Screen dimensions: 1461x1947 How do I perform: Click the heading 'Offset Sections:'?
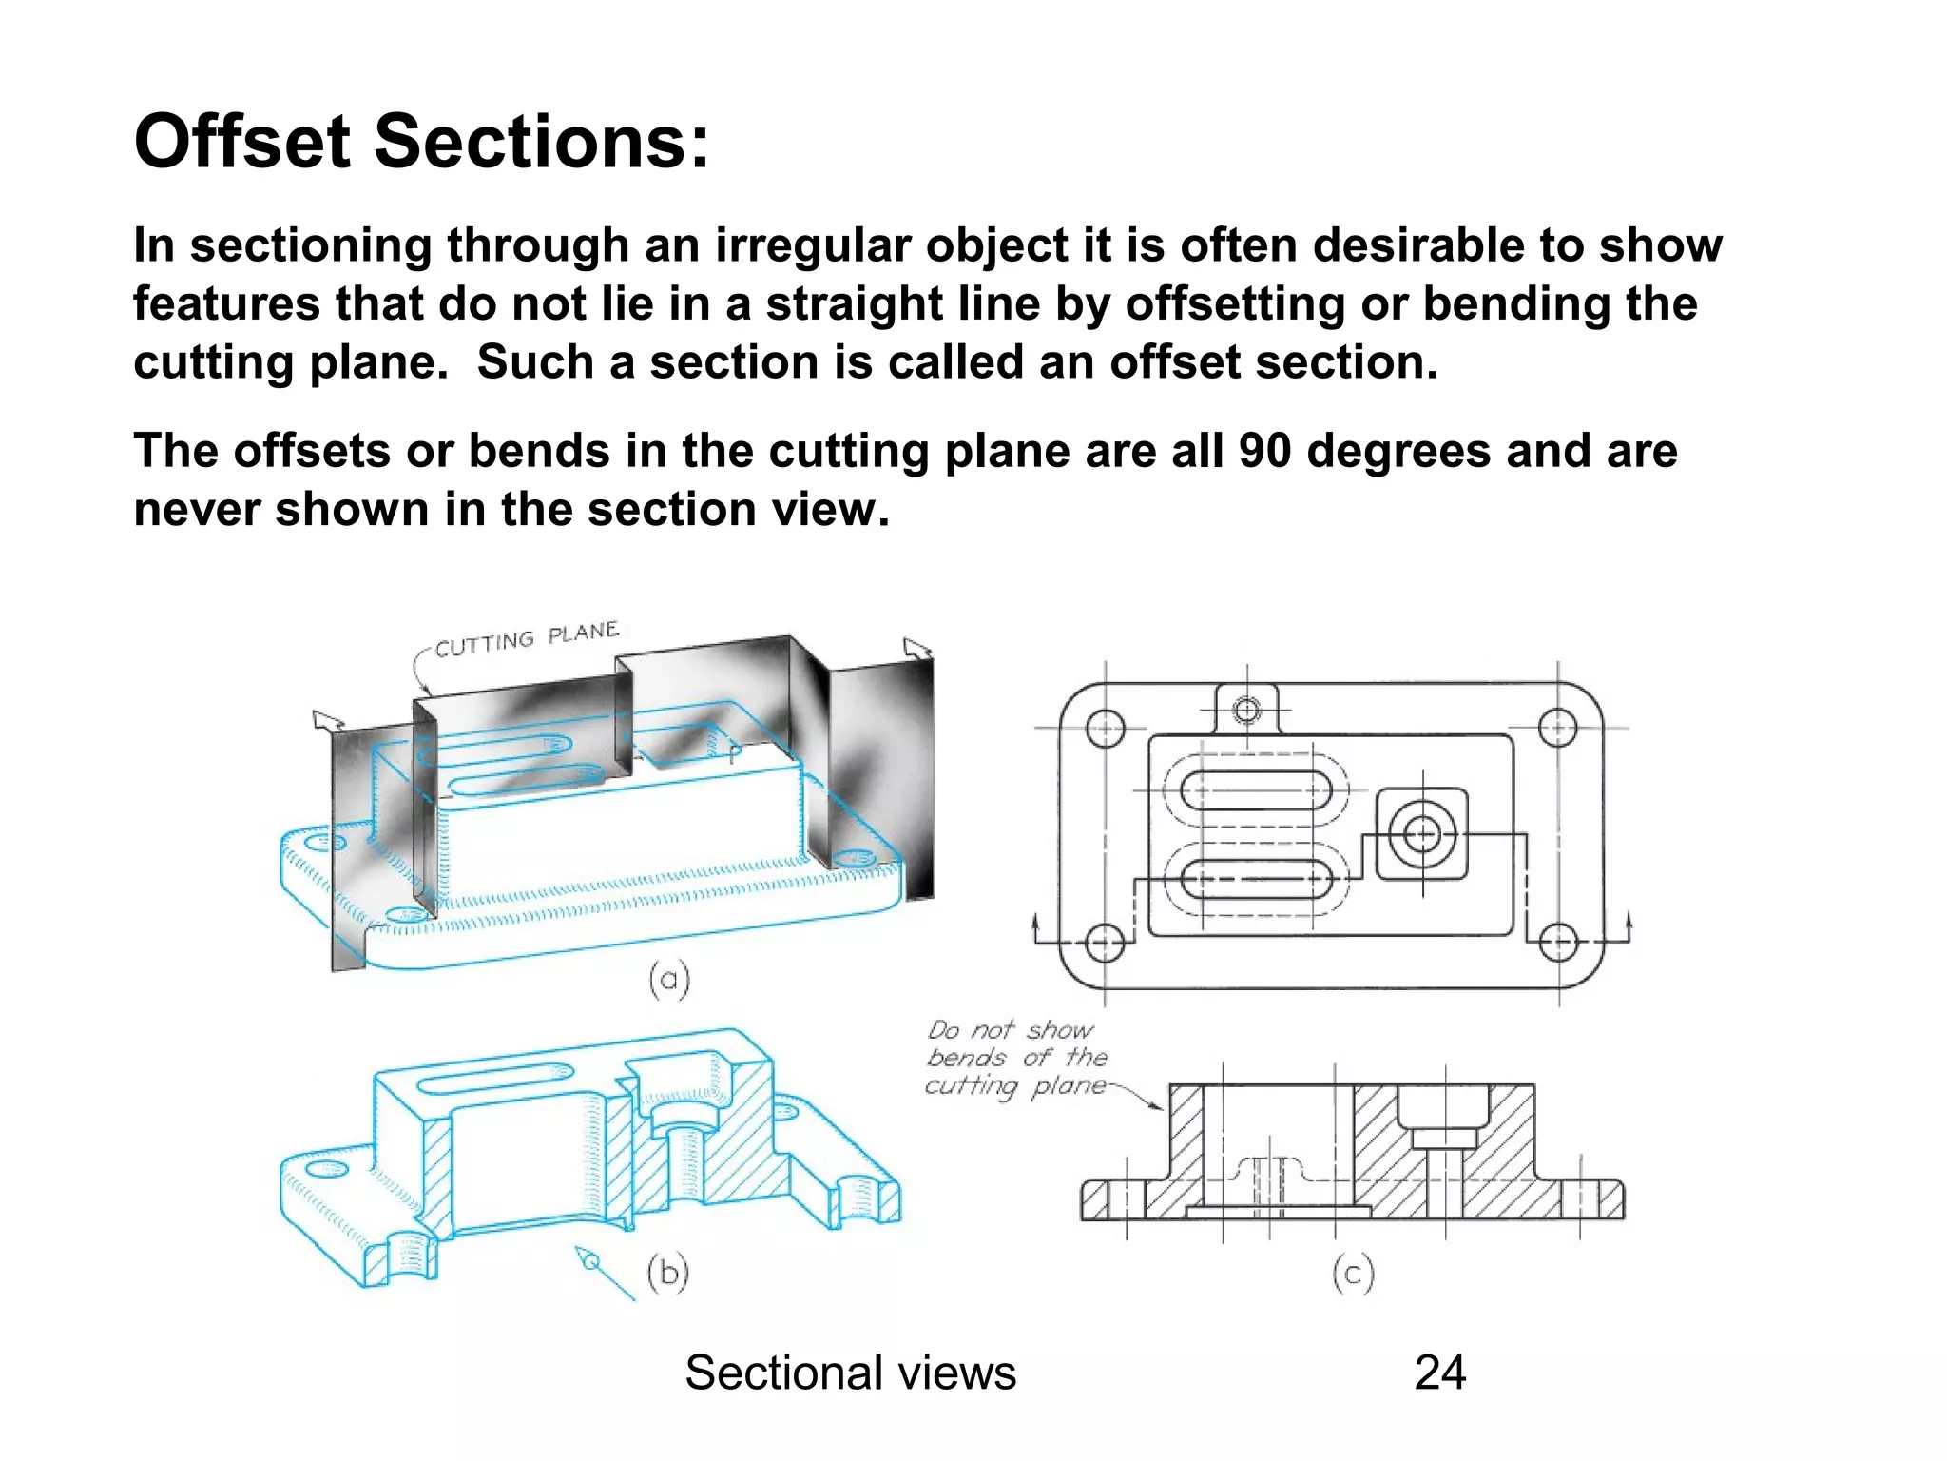(x=421, y=143)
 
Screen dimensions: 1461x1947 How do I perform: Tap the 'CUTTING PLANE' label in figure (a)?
(x=526, y=640)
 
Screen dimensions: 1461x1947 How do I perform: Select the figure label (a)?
(x=668, y=979)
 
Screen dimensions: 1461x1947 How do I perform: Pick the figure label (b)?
(x=667, y=1272)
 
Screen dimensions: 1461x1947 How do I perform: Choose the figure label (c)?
(x=1353, y=1273)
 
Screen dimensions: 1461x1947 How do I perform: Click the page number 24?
(x=1439, y=1373)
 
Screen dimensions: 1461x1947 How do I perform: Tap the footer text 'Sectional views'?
(x=850, y=1373)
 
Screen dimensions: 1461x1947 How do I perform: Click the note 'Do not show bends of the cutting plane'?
(x=1016, y=1058)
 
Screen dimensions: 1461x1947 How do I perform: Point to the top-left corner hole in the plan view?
(x=1105, y=730)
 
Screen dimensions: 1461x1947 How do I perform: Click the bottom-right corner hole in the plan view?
(x=1558, y=943)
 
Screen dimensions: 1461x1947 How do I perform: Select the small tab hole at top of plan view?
(x=1246, y=710)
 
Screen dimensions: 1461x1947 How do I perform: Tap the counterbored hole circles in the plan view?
(x=1422, y=835)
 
